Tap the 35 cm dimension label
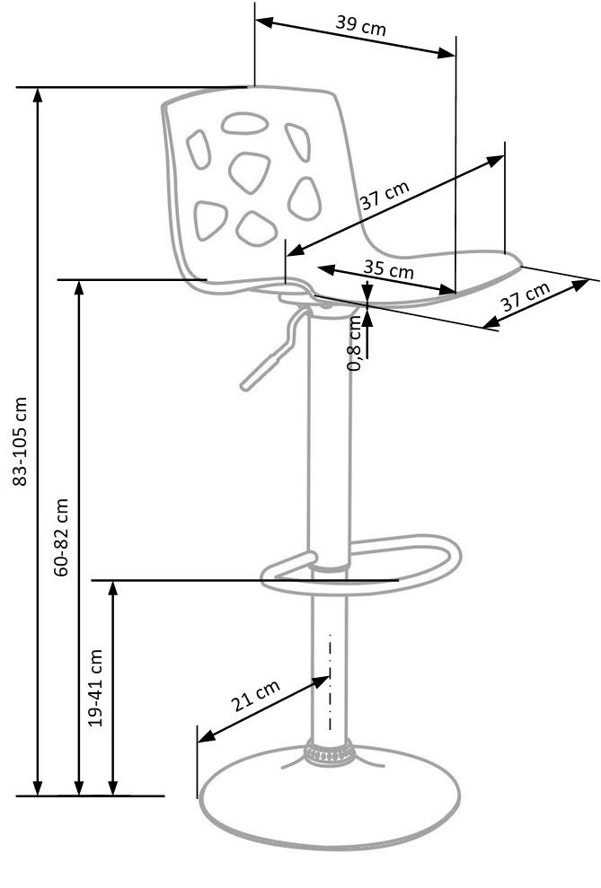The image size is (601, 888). [389, 268]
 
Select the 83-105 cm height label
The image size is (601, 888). [20, 441]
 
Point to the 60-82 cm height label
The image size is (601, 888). [61, 538]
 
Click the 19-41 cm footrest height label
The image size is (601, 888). [96, 688]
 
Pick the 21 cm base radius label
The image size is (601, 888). [255, 696]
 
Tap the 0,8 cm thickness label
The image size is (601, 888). [354, 343]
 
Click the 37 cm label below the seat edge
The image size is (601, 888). [526, 296]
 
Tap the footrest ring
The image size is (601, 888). [361, 564]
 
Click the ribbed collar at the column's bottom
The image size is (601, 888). [329, 752]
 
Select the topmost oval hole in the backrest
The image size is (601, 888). [244, 123]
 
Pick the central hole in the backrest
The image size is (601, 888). [249, 172]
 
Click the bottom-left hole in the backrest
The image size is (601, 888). [210, 220]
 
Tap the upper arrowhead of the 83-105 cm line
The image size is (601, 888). [38, 94]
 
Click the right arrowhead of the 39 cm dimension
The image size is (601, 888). [446, 53]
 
